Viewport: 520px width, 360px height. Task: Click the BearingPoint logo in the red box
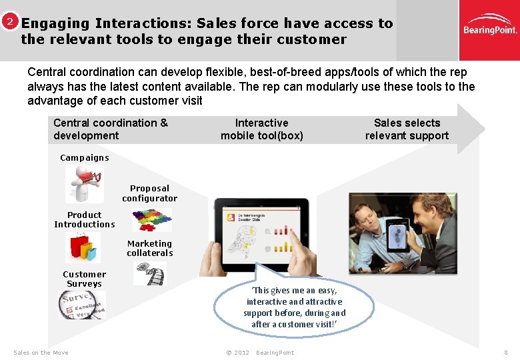pyautogui.click(x=490, y=30)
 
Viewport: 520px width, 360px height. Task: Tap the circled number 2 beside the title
pyautogui.click(x=9, y=21)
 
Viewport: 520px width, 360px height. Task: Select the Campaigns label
pyautogui.click(x=84, y=158)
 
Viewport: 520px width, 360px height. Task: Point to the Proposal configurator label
pyautogui.click(x=149, y=193)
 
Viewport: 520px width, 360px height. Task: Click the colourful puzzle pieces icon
pyautogui.click(x=151, y=219)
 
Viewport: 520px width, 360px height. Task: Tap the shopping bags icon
pyautogui.click(x=83, y=247)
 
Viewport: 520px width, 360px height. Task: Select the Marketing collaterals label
pyautogui.click(x=149, y=249)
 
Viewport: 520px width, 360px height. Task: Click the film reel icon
pyautogui.click(x=151, y=273)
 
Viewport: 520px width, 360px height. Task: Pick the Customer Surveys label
pyautogui.click(x=84, y=279)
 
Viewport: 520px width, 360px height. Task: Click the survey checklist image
pyautogui.click(x=81, y=305)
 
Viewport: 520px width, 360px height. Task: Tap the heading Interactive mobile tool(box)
pyautogui.click(x=262, y=129)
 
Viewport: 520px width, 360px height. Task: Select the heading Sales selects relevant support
pyautogui.click(x=407, y=129)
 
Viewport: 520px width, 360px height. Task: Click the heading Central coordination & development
pyautogui.click(x=111, y=129)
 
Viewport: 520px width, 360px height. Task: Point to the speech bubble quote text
pyautogui.click(x=294, y=307)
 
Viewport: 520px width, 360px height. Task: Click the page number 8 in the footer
pyautogui.click(x=506, y=353)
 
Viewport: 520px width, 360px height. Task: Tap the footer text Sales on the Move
pyautogui.click(x=41, y=353)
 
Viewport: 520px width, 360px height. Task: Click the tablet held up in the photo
pyautogui.click(x=398, y=238)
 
